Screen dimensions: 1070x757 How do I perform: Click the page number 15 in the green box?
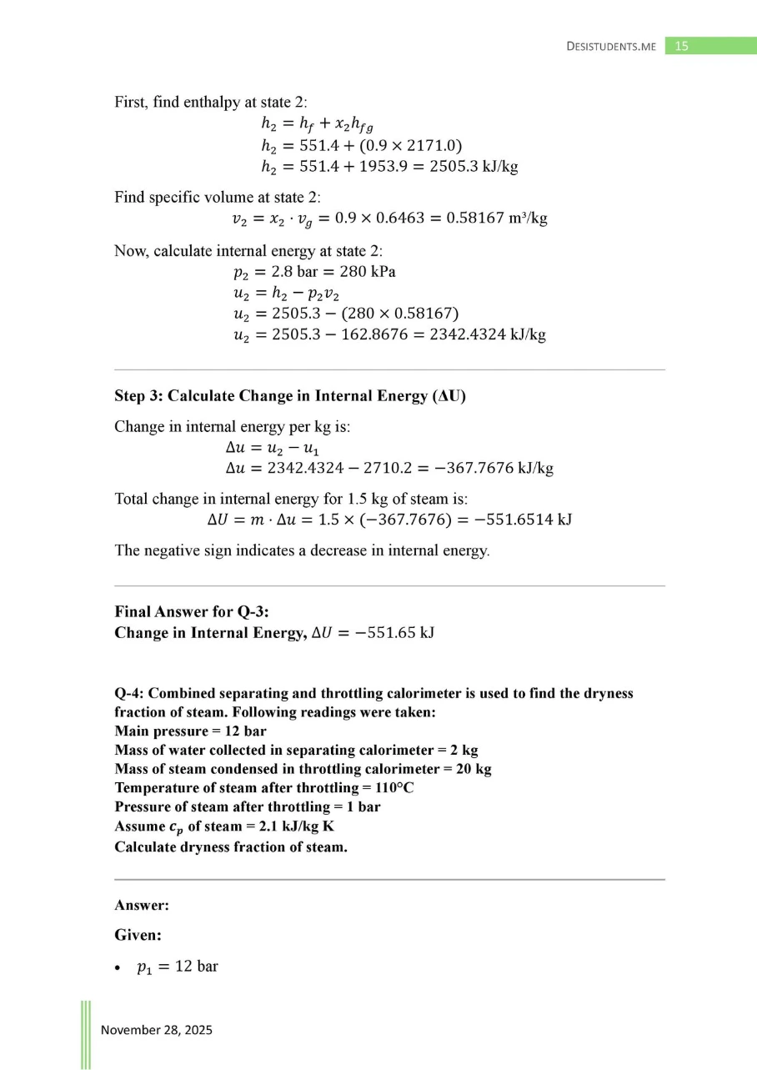pos(681,47)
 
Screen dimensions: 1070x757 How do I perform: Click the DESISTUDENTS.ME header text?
pos(611,48)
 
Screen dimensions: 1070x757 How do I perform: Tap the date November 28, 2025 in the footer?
pos(157,1030)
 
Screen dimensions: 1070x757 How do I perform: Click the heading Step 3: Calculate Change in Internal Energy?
pos(289,395)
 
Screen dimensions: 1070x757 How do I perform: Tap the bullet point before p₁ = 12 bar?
pos(119,968)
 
